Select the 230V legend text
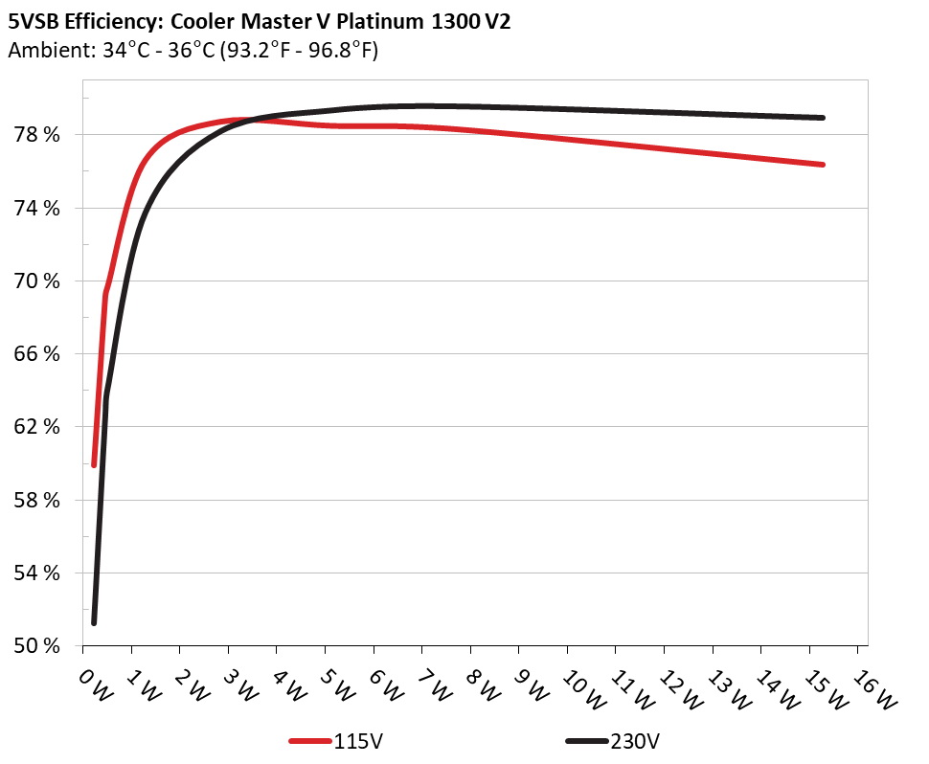(635, 741)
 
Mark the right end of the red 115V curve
(822, 165)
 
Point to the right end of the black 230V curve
(822, 118)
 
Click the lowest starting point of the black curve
(94, 622)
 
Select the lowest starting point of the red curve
(94, 464)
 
